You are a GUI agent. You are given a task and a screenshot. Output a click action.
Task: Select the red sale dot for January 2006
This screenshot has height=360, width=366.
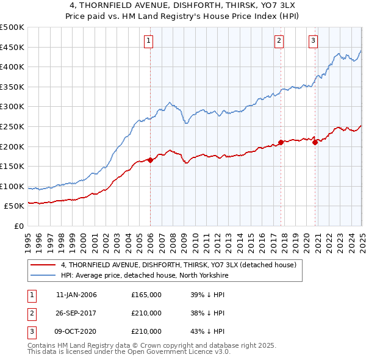(x=150, y=160)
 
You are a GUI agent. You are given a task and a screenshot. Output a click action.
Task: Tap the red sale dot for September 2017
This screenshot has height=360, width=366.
(x=281, y=142)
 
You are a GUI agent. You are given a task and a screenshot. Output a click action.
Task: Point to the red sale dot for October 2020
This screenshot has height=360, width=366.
(x=315, y=142)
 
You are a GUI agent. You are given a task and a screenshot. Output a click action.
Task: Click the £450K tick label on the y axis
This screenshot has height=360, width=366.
(x=12, y=47)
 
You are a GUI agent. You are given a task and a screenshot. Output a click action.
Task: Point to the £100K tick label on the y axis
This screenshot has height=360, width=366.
(x=12, y=186)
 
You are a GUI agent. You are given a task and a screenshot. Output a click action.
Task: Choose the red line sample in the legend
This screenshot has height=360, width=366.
(x=43, y=265)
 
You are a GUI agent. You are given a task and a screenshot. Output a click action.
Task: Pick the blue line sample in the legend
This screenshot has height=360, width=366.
(x=43, y=276)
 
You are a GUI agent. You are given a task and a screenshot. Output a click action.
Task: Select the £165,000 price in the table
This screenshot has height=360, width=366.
(x=146, y=295)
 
